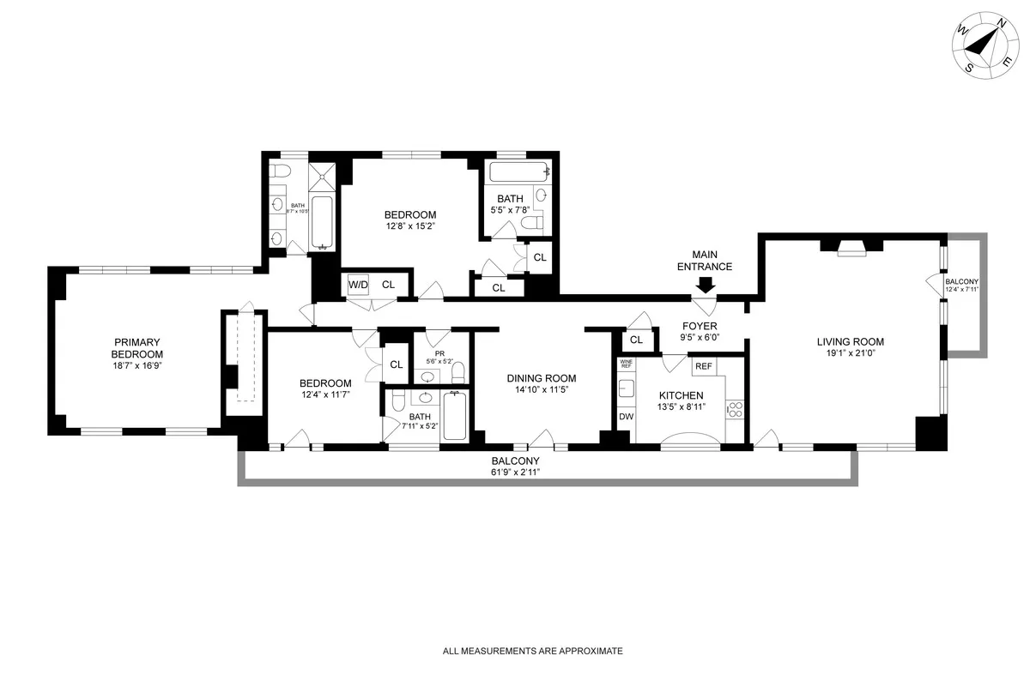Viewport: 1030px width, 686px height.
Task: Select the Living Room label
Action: (850, 342)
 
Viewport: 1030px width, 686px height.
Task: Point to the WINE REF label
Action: (626, 364)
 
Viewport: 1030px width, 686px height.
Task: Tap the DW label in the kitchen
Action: (626, 417)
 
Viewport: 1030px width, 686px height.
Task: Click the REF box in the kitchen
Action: (704, 366)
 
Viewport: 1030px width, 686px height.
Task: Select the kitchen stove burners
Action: (735, 409)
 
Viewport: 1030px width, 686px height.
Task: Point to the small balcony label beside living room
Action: (961, 282)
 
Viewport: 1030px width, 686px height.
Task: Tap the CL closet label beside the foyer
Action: (636, 340)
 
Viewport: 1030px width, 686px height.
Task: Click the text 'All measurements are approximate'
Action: (532, 652)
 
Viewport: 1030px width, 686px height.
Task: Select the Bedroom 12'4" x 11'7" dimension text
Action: (324, 395)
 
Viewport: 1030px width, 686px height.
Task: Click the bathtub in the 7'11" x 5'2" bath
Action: (454, 417)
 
